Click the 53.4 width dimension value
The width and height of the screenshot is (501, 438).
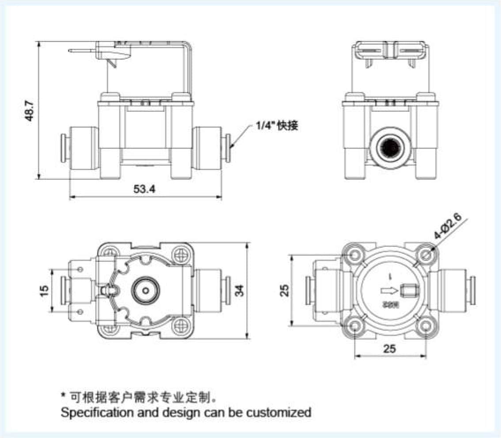[x=144, y=189]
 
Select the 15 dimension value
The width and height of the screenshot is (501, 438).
[x=44, y=290]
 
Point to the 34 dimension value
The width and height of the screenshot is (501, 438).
[x=239, y=290]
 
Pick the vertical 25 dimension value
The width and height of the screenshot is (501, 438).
[x=285, y=290]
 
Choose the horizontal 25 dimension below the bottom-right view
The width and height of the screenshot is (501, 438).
[x=389, y=348]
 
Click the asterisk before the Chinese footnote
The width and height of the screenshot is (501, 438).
[x=63, y=395]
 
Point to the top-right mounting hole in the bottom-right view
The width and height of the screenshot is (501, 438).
[x=426, y=255]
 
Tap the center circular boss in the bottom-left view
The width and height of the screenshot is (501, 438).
[x=145, y=291]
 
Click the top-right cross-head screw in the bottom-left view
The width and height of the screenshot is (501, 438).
[x=180, y=254]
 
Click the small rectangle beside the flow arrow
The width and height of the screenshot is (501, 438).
[x=409, y=291]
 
